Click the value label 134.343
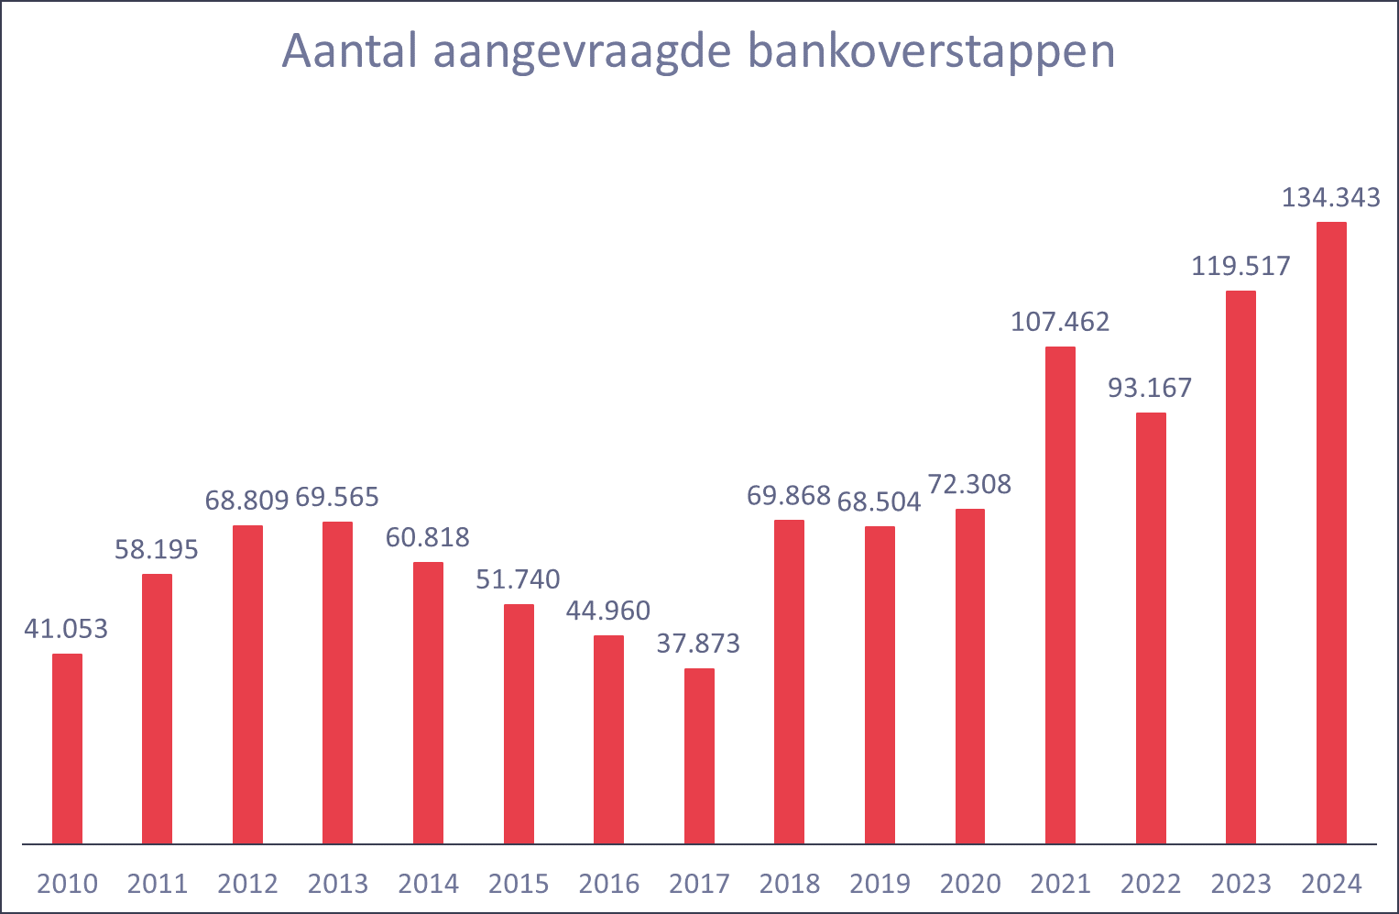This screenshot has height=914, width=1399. pos(1330,198)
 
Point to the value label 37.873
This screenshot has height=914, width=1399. pos(698,644)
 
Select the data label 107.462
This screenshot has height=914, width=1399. pos(1060,322)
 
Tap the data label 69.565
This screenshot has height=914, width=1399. pos(337,497)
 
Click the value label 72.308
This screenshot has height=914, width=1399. pos(969,484)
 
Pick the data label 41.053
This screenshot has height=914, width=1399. pos(66,629)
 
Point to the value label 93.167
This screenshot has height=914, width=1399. pos(1150,388)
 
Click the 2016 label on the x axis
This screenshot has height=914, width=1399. pos(609,884)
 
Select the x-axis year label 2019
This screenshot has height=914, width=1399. pos(880,884)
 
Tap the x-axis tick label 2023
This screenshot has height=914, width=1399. pos(1241,884)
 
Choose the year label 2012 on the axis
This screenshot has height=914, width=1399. pos(247,884)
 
